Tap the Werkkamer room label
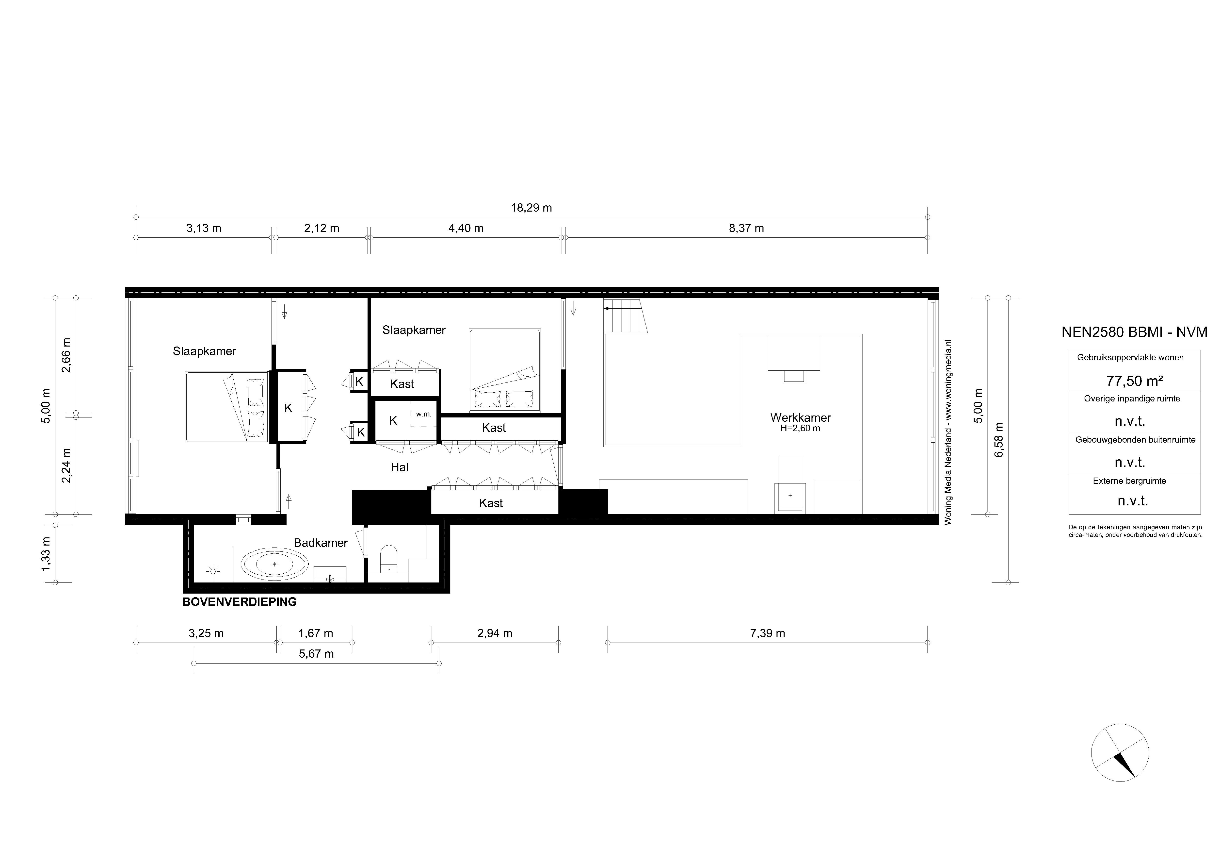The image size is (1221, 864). pyautogui.click(x=800, y=418)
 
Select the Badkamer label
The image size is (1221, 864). pyautogui.click(x=321, y=543)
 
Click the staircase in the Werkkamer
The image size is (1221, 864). pyautogui.click(x=625, y=316)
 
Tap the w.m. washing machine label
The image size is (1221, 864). pyautogui.click(x=424, y=414)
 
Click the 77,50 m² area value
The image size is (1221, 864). pyautogui.click(x=1134, y=381)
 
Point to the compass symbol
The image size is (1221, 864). pyautogui.click(x=1120, y=753)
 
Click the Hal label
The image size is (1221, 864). pyautogui.click(x=399, y=467)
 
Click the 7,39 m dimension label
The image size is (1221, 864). pyautogui.click(x=767, y=633)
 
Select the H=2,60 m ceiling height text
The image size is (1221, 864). pyautogui.click(x=800, y=428)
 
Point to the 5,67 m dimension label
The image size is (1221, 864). pyautogui.click(x=316, y=654)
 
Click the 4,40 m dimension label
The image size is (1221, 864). pyautogui.click(x=466, y=228)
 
